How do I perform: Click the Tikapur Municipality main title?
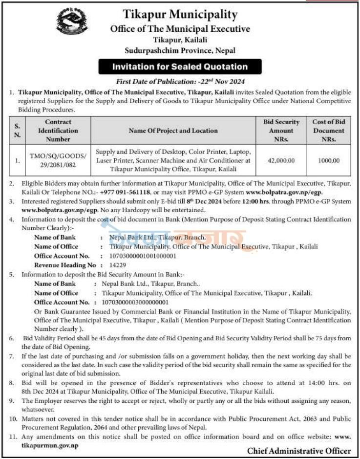(180, 15)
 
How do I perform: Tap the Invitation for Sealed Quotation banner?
(180, 66)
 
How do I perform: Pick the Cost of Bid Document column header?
(328, 131)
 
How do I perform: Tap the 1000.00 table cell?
(328, 159)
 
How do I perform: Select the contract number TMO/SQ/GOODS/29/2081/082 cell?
(58, 159)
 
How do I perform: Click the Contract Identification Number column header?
(58, 131)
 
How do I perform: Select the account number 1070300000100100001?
(138, 256)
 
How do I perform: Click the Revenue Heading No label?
(64, 264)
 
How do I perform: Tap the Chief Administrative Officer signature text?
(299, 450)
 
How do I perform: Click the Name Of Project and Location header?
(173, 131)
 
